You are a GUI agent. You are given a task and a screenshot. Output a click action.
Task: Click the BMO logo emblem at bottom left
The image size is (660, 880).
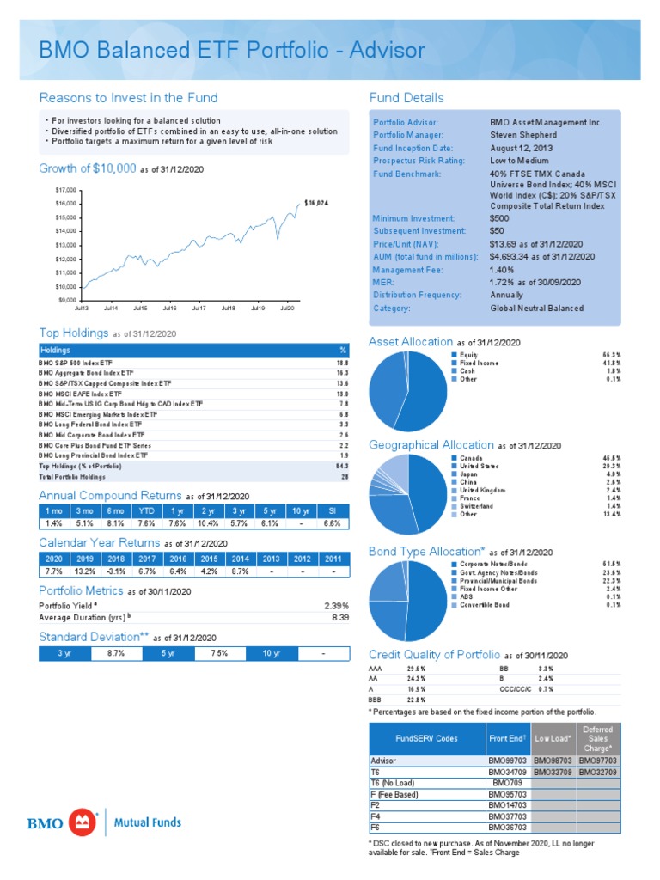click(x=83, y=822)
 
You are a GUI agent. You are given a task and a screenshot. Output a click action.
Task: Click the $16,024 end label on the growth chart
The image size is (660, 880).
click(x=317, y=203)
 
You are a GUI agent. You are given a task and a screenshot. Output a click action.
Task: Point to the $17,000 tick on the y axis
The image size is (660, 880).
click(x=65, y=189)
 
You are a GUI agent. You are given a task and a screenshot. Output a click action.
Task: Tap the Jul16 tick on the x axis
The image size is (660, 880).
click(x=168, y=307)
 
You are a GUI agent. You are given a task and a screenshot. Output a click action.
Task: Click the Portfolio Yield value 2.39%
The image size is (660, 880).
click(x=333, y=606)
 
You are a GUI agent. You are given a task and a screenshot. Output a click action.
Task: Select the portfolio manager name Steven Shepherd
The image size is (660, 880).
click(x=523, y=135)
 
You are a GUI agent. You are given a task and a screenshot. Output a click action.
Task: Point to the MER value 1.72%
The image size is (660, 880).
click(x=535, y=282)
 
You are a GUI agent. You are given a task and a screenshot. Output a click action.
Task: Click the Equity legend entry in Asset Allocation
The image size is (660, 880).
click(x=467, y=353)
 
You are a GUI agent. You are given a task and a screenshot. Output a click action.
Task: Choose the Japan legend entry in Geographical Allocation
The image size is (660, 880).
click(x=470, y=474)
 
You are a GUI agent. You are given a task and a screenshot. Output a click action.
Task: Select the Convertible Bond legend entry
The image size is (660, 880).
click(x=485, y=604)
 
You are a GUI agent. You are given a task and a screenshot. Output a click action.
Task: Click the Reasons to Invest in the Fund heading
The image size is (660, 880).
click(x=129, y=97)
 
